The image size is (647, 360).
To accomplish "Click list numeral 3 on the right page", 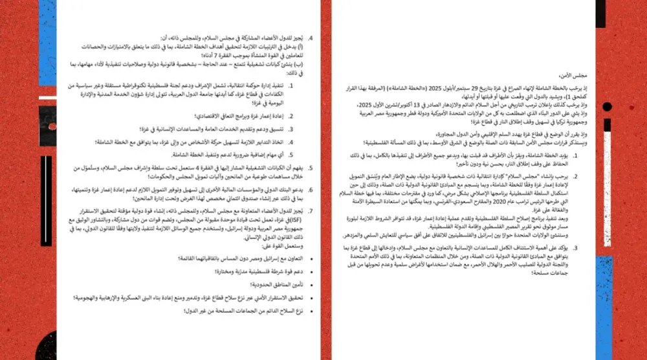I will click(575, 247).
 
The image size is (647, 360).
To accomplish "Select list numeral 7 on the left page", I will click(311, 210).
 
